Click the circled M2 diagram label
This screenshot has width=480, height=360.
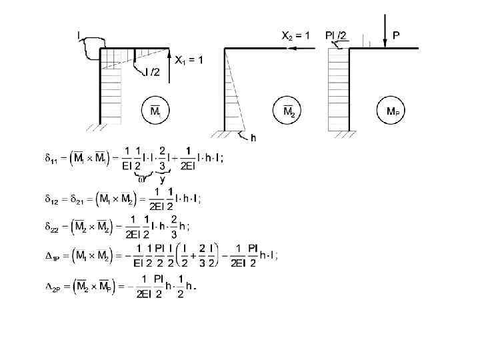click(288, 111)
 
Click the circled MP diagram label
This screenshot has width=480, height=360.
click(392, 111)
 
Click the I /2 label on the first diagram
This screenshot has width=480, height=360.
click(153, 72)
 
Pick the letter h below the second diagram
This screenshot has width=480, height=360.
click(253, 139)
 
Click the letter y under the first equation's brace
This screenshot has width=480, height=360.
click(163, 179)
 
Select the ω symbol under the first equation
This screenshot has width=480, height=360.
click(141, 178)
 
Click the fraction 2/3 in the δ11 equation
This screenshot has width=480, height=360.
click(163, 159)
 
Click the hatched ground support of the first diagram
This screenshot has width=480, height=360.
click(91, 127)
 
